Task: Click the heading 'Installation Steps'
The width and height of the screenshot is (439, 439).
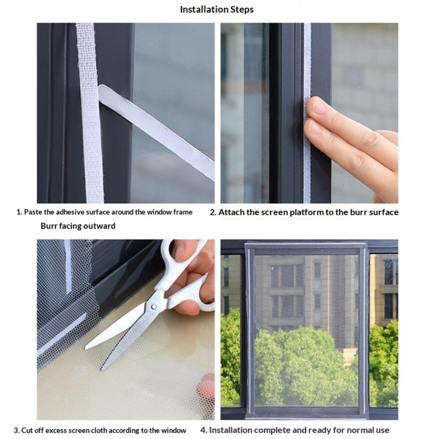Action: (216, 10)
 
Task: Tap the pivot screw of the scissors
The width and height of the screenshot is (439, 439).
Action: (154, 306)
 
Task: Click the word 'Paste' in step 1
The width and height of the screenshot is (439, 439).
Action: (33, 212)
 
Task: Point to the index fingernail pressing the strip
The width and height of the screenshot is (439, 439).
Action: (319, 106)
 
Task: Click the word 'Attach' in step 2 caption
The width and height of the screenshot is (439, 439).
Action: (231, 212)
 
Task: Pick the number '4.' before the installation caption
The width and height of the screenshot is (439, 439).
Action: (204, 430)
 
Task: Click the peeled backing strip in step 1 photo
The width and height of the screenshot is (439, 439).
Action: (156, 132)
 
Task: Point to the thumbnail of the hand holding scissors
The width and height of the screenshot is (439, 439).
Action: (180, 251)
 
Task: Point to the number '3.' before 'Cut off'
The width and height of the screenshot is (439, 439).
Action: (17, 430)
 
